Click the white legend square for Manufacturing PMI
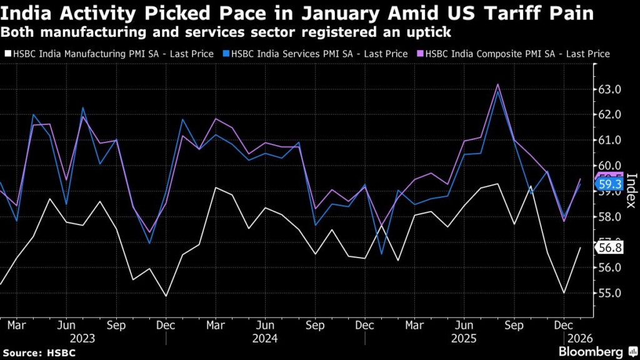(x=6, y=54)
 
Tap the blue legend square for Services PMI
(x=225, y=54)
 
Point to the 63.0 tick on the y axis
(x=609, y=89)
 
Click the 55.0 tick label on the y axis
(x=609, y=293)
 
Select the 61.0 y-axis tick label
(x=609, y=140)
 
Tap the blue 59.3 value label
(x=610, y=185)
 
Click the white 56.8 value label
(x=610, y=247)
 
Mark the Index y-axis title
(x=631, y=191)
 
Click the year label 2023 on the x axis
(x=83, y=338)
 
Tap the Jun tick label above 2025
(x=463, y=325)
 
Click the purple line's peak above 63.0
(x=497, y=84)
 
